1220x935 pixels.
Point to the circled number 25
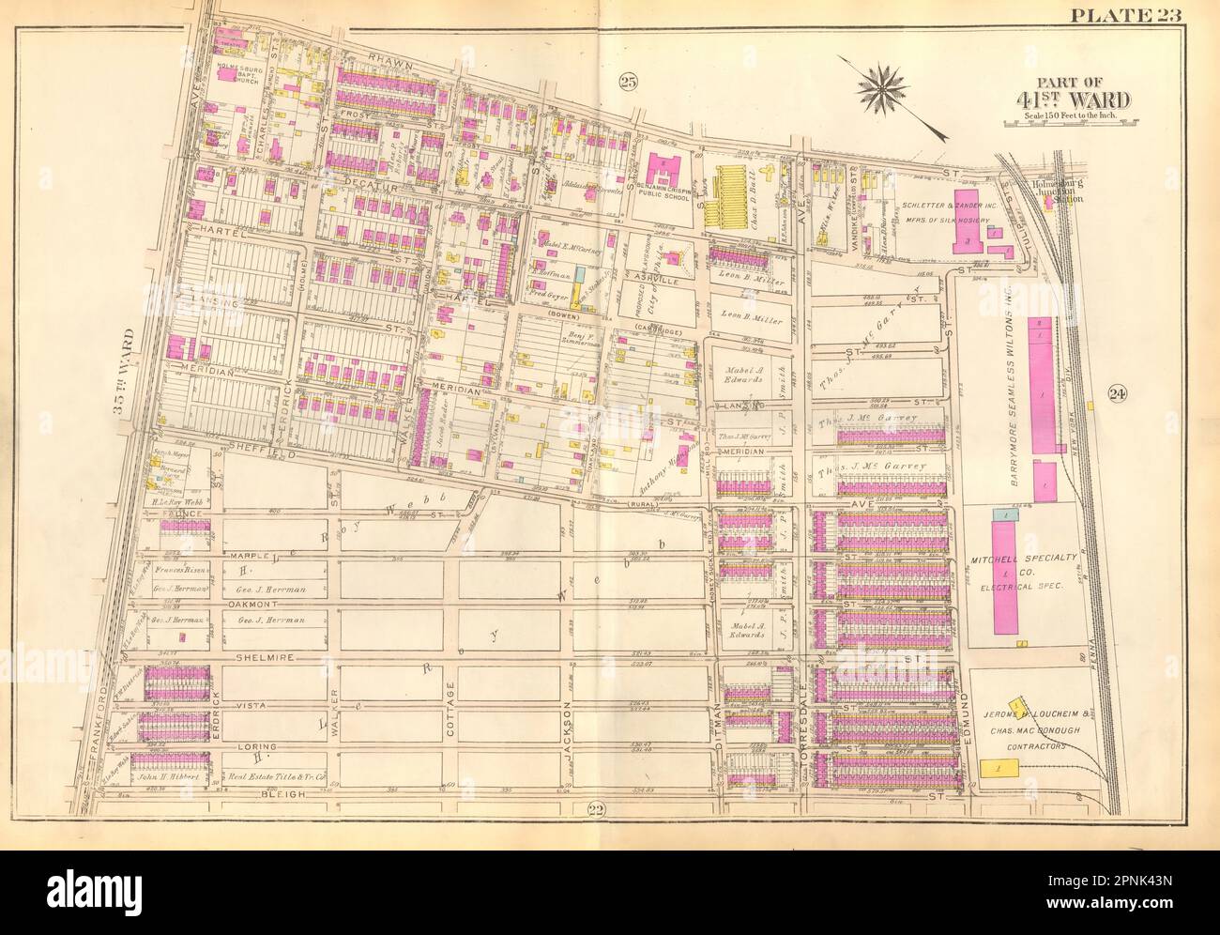click(x=628, y=84)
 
